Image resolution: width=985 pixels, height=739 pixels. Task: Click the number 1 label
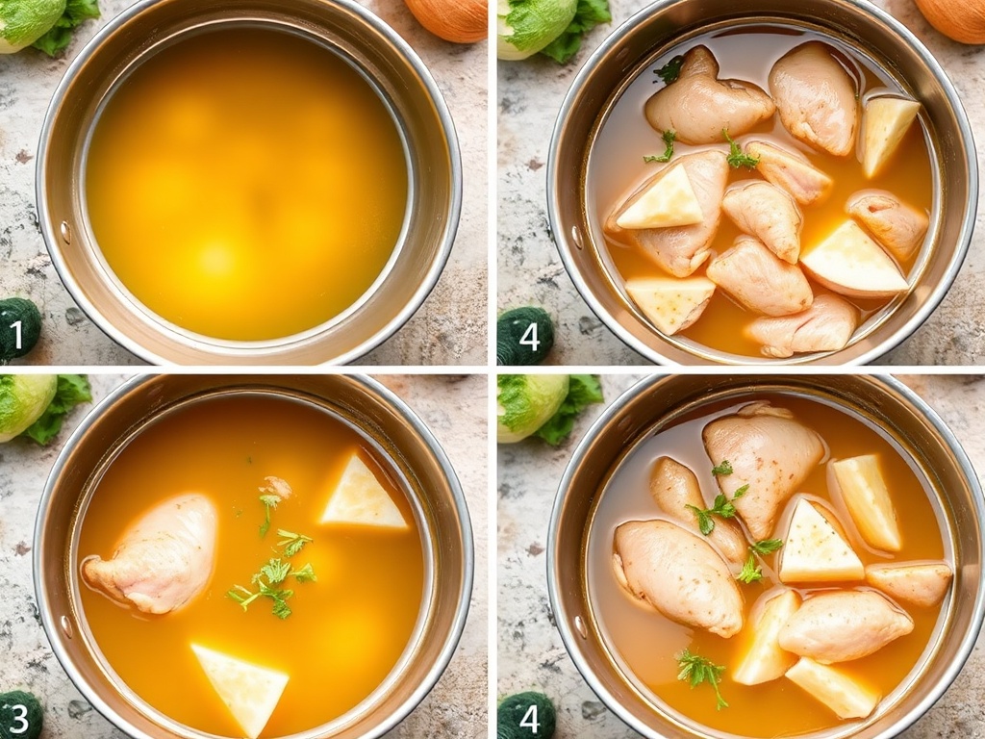coord(16,335)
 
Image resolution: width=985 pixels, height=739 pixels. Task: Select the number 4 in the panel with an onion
coord(529,337)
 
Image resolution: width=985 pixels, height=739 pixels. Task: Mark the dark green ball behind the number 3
coord(20,715)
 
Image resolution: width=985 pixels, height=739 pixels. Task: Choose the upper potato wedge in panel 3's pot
coord(363,495)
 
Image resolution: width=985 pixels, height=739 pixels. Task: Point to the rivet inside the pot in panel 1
coord(65,233)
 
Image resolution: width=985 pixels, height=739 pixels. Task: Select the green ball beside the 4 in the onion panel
coord(525,336)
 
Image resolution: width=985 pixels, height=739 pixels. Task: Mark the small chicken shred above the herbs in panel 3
coord(276,486)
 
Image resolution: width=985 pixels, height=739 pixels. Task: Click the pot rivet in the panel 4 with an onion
coord(577,237)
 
